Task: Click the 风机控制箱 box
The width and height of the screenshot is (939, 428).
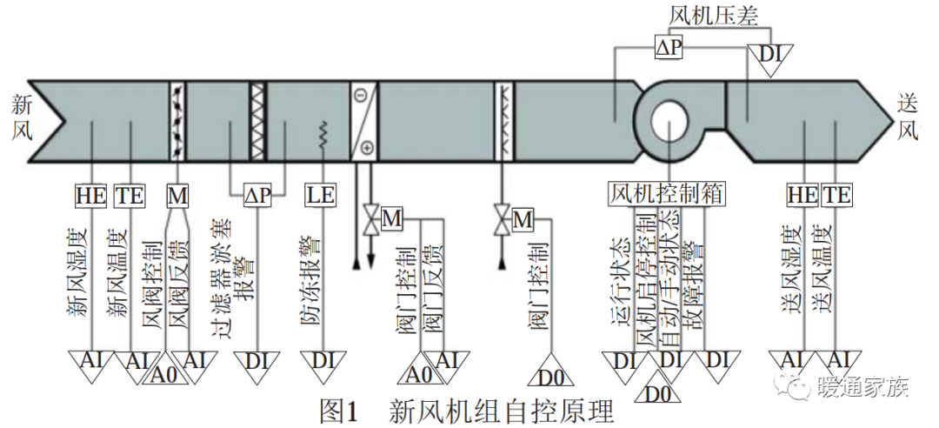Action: click(x=667, y=194)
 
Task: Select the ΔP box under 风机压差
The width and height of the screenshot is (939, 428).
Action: click(x=668, y=49)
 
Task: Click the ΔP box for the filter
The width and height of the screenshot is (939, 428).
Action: click(x=257, y=196)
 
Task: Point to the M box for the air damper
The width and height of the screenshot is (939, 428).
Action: click(x=177, y=196)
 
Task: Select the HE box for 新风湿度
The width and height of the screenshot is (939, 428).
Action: click(x=91, y=196)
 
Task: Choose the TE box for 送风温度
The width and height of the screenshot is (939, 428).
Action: click(x=836, y=196)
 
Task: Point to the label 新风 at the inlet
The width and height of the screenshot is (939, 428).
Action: click(x=22, y=118)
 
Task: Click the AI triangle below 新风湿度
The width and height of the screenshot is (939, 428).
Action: click(x=91, y=361)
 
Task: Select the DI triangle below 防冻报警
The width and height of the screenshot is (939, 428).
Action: click(x=322, y=361)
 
